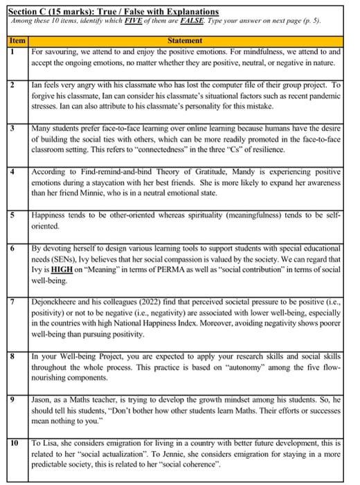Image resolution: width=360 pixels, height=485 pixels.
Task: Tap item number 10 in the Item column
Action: click(x=13, y=441)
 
